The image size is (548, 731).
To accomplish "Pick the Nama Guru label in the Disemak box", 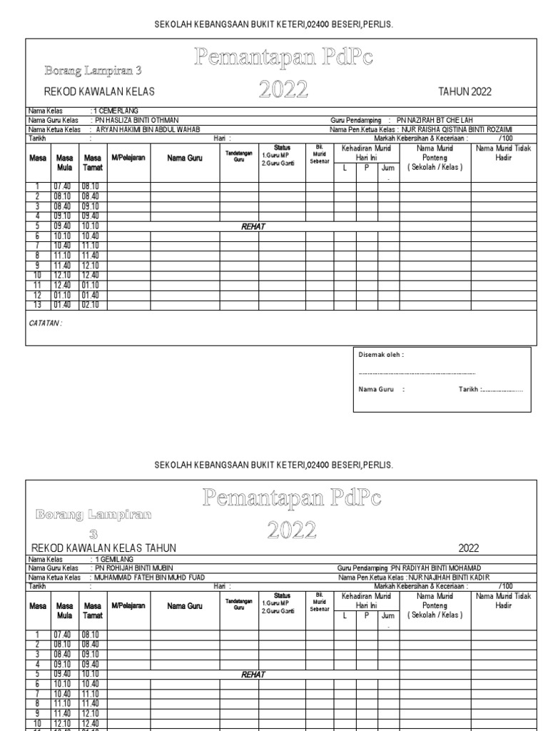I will pyautogui.click(x=381, y=390).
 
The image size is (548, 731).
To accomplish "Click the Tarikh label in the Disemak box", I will pyautogui.click(x=470, y=390).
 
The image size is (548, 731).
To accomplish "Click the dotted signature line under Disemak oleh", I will pyautogui.click(x=417, y=373).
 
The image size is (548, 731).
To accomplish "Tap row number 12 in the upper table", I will pyautogui.click(x=36, y=296).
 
